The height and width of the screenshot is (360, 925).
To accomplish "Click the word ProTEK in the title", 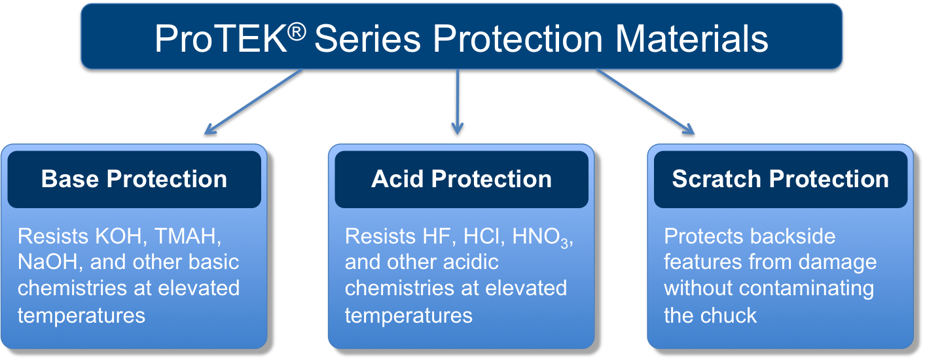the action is coord(221,39).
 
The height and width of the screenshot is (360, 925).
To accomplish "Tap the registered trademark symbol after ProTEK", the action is coord(297,32).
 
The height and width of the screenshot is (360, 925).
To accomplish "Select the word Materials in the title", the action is coord(692,39).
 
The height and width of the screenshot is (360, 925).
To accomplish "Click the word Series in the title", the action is coord(367,39).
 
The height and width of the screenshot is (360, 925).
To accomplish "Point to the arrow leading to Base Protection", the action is coord(253,101).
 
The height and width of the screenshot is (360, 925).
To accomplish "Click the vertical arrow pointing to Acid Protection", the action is coord(457,101).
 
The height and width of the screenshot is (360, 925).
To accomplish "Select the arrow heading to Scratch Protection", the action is coord(645,101).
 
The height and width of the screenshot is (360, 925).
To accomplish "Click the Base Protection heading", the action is coord(134,179).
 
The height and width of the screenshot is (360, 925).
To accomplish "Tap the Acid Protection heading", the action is coord(462,179).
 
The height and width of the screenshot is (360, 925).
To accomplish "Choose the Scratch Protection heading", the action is coord(780,179).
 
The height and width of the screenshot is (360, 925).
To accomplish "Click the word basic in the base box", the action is coord(213,262).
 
